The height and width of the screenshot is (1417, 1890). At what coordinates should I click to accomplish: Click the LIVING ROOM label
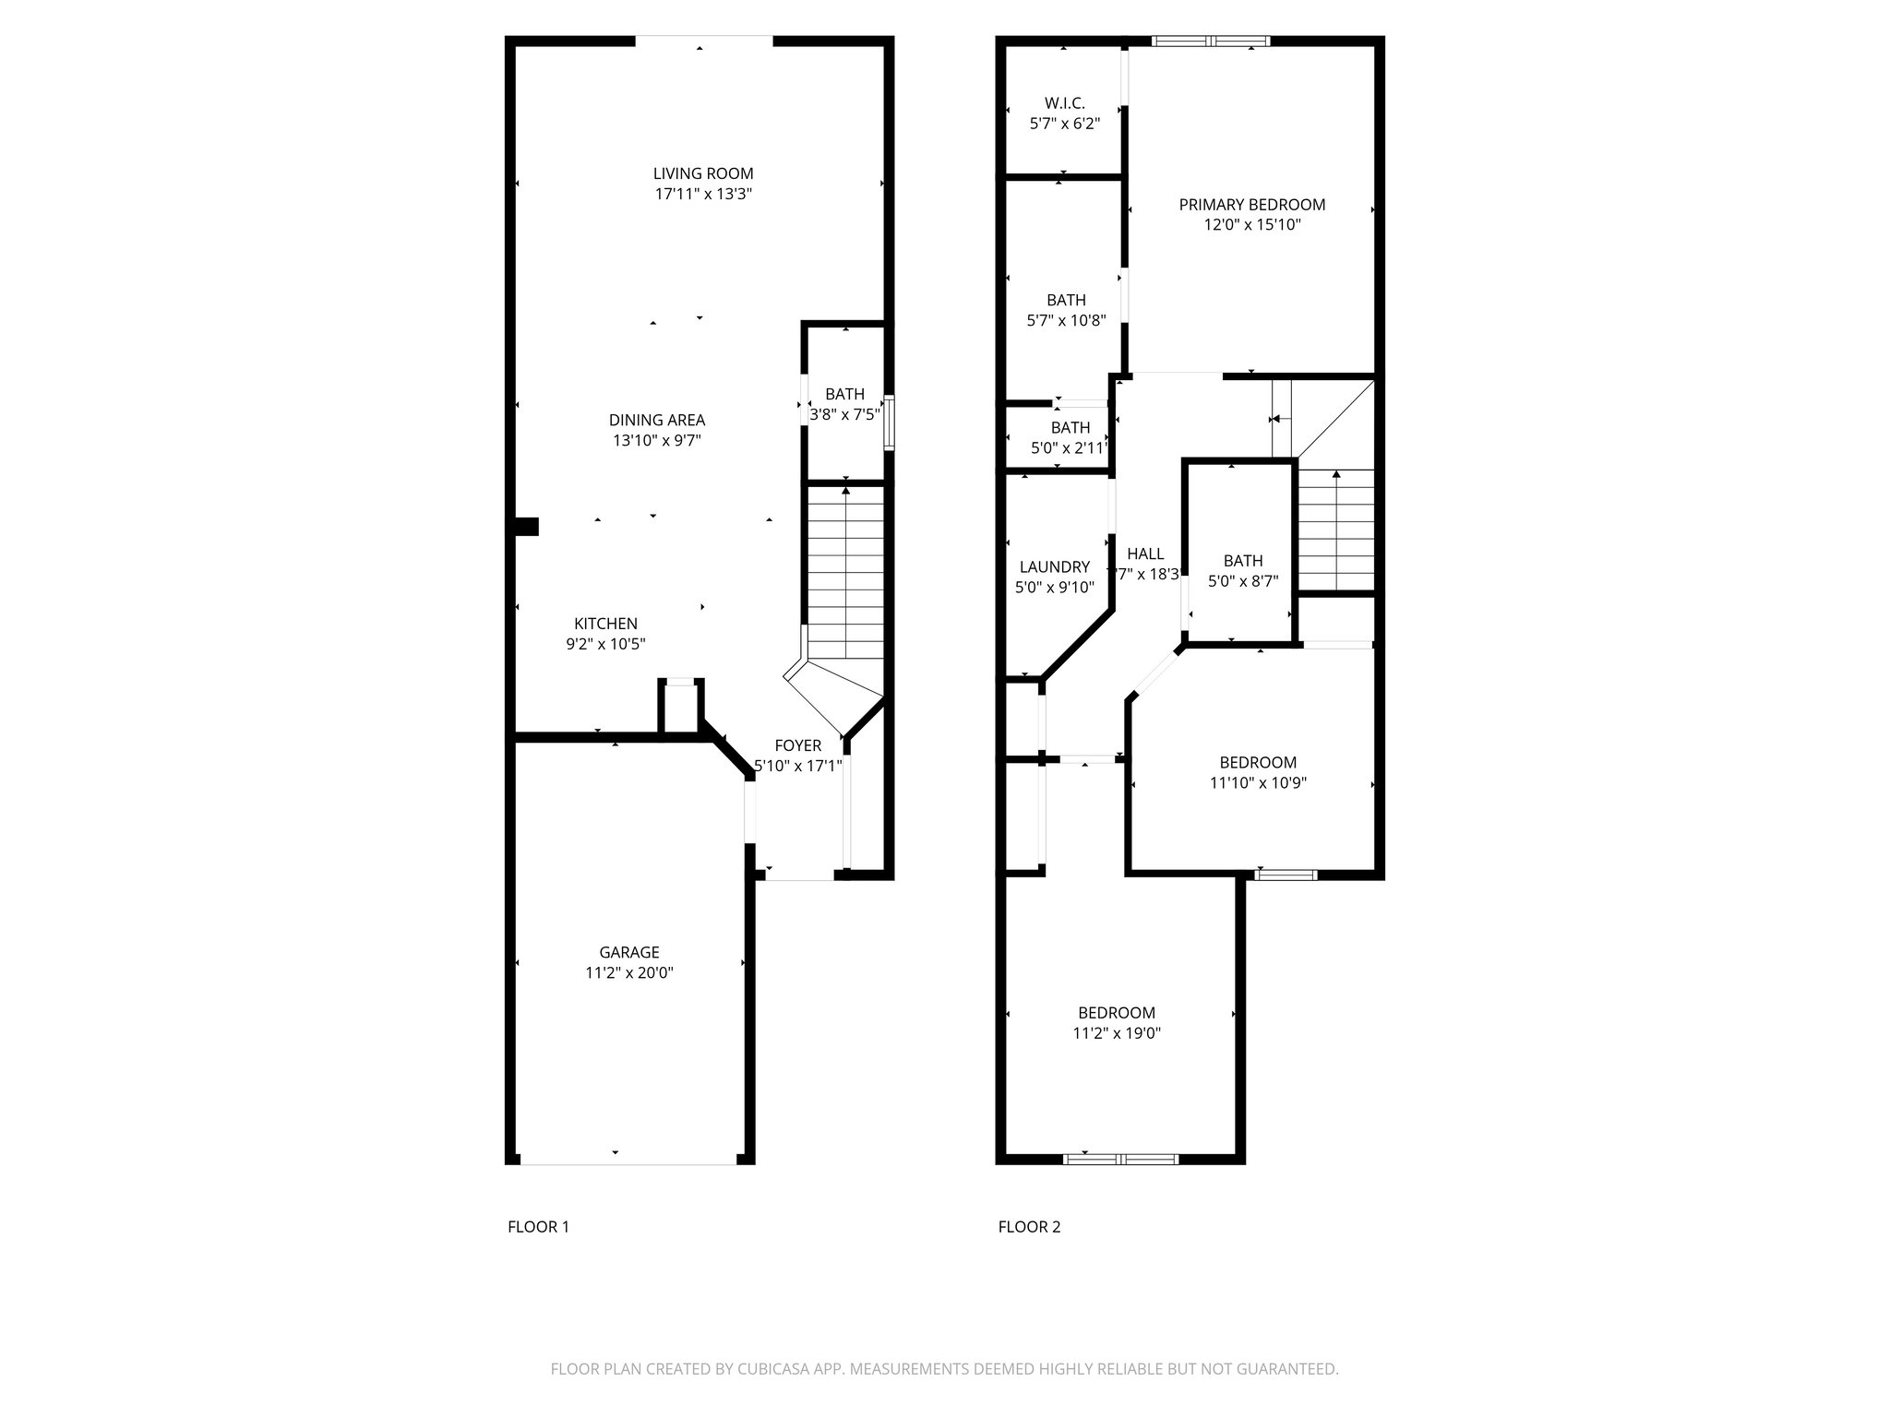click(x=703, y=173)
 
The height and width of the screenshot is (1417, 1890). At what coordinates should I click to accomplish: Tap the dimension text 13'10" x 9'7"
click(x=657, y=441)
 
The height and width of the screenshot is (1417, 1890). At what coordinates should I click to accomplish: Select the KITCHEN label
click(x=605, y=624)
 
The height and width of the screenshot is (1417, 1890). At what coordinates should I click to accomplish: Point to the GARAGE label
click(x=629, y=952)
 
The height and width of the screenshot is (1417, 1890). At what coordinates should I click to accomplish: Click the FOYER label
click(x=797, y=745)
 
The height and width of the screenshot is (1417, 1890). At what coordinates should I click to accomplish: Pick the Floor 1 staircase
click(x=845, y=572)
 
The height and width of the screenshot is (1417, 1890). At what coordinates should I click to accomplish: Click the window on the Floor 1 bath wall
click(x=889, y=423)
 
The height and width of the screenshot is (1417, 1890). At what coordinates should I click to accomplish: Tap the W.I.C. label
click(x=1064, y=103)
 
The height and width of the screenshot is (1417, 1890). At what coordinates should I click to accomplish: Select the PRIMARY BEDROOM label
click(x=1251, y=205)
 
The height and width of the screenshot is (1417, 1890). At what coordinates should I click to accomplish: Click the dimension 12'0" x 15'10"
click(x=1251, y=225)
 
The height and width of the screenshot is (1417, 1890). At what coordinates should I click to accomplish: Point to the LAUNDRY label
click(x=1054, y=567)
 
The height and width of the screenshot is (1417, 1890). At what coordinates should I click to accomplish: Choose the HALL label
click(x=1145, y=554)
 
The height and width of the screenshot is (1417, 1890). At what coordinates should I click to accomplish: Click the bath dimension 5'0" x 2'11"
click(x=1070, y=448)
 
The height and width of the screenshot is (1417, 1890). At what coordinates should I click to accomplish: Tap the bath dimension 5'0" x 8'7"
click(x=1242, y=581)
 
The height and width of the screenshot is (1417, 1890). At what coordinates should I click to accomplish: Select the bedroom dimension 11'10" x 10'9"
click(x=1257, y=783)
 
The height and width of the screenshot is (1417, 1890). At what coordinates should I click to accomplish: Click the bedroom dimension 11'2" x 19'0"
click(x=1116, y=1033)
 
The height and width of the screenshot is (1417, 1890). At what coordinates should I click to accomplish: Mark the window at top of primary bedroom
click(x=1211, y=41)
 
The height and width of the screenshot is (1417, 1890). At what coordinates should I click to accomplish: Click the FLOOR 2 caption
click(x=1029, y=1227)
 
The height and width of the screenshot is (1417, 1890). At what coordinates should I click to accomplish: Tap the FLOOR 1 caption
click(x=538, y=1227)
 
